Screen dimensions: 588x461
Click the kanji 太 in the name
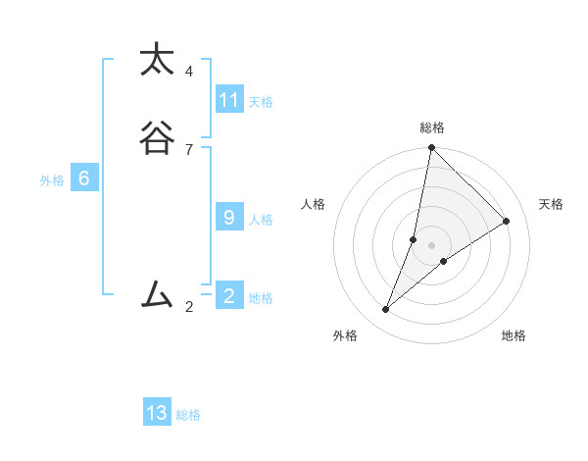[157, 60]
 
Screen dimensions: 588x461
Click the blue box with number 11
[229, 100]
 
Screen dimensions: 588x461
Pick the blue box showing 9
[229, 218]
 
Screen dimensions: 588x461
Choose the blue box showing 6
[84, 179]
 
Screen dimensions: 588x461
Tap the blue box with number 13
[157, 413]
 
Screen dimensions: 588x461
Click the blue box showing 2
[229, 295]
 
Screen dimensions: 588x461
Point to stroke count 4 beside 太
[189, 71]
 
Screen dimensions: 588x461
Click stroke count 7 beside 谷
[189, 149]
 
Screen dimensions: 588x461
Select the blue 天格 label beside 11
[261, 102]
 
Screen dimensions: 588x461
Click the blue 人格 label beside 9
[261, 220]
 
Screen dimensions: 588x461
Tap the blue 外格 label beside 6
[52, 180]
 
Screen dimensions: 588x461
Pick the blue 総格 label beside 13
[188, 415]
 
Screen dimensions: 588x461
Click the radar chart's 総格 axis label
[431, 128]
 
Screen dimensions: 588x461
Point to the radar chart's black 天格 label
[551, 204]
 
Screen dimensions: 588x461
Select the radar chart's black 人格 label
[313, 204]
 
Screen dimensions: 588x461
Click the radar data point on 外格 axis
[386, 310]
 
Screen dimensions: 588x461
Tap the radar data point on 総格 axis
[431, 148]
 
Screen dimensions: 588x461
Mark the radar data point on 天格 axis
[507, 221]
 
